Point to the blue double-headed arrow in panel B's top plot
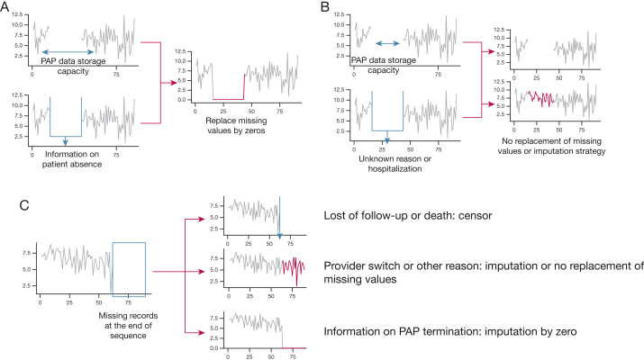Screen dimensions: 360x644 387,42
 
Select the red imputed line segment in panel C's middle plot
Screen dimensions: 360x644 293,266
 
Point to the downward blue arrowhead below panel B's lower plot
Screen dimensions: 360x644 386,140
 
